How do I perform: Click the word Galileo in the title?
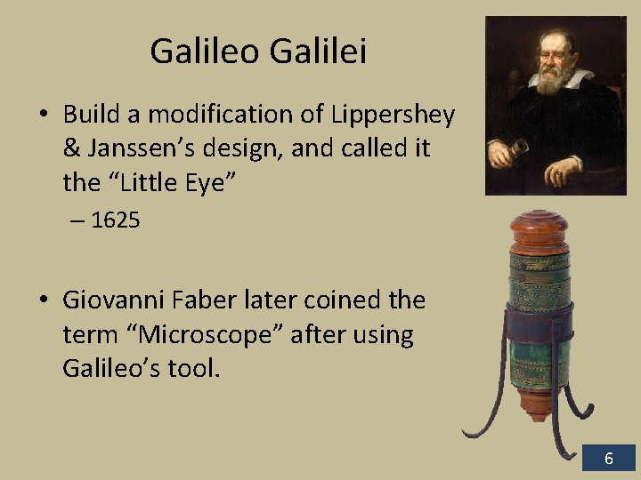coord(206,51)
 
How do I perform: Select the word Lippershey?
coord(394,115)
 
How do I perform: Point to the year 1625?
coord(116,220)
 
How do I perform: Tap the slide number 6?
coord(609,459)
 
